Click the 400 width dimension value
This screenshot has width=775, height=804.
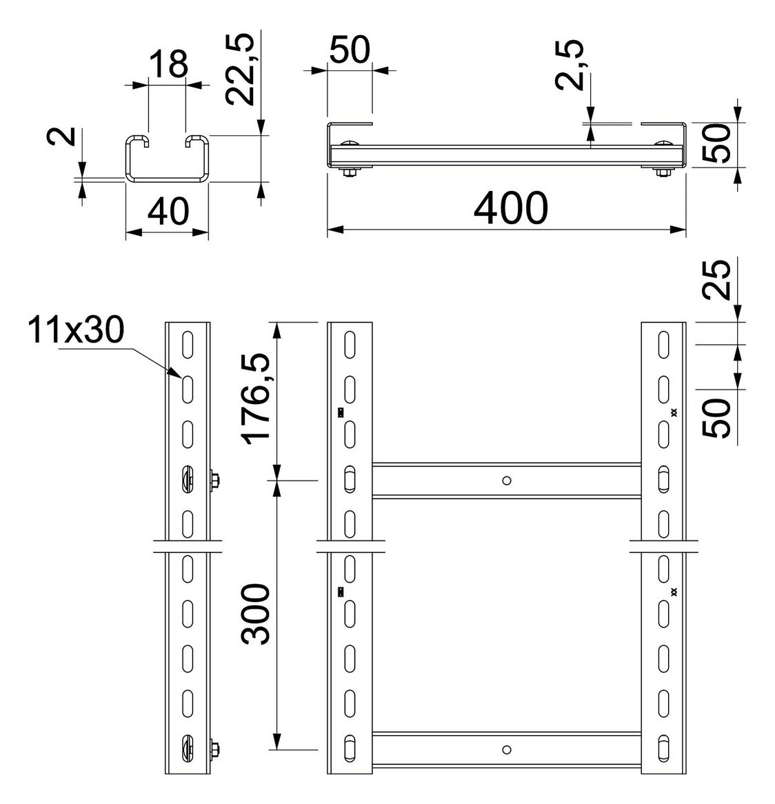[x=510, y=208]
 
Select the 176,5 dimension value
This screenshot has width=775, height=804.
[x=256, y=399]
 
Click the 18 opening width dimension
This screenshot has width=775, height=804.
[x=169, y=64]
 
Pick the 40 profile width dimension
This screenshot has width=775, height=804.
[x=168, y=211]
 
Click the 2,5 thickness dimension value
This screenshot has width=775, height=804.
[x=569, y=65]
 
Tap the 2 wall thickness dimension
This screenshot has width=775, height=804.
[x=61, y=137]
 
